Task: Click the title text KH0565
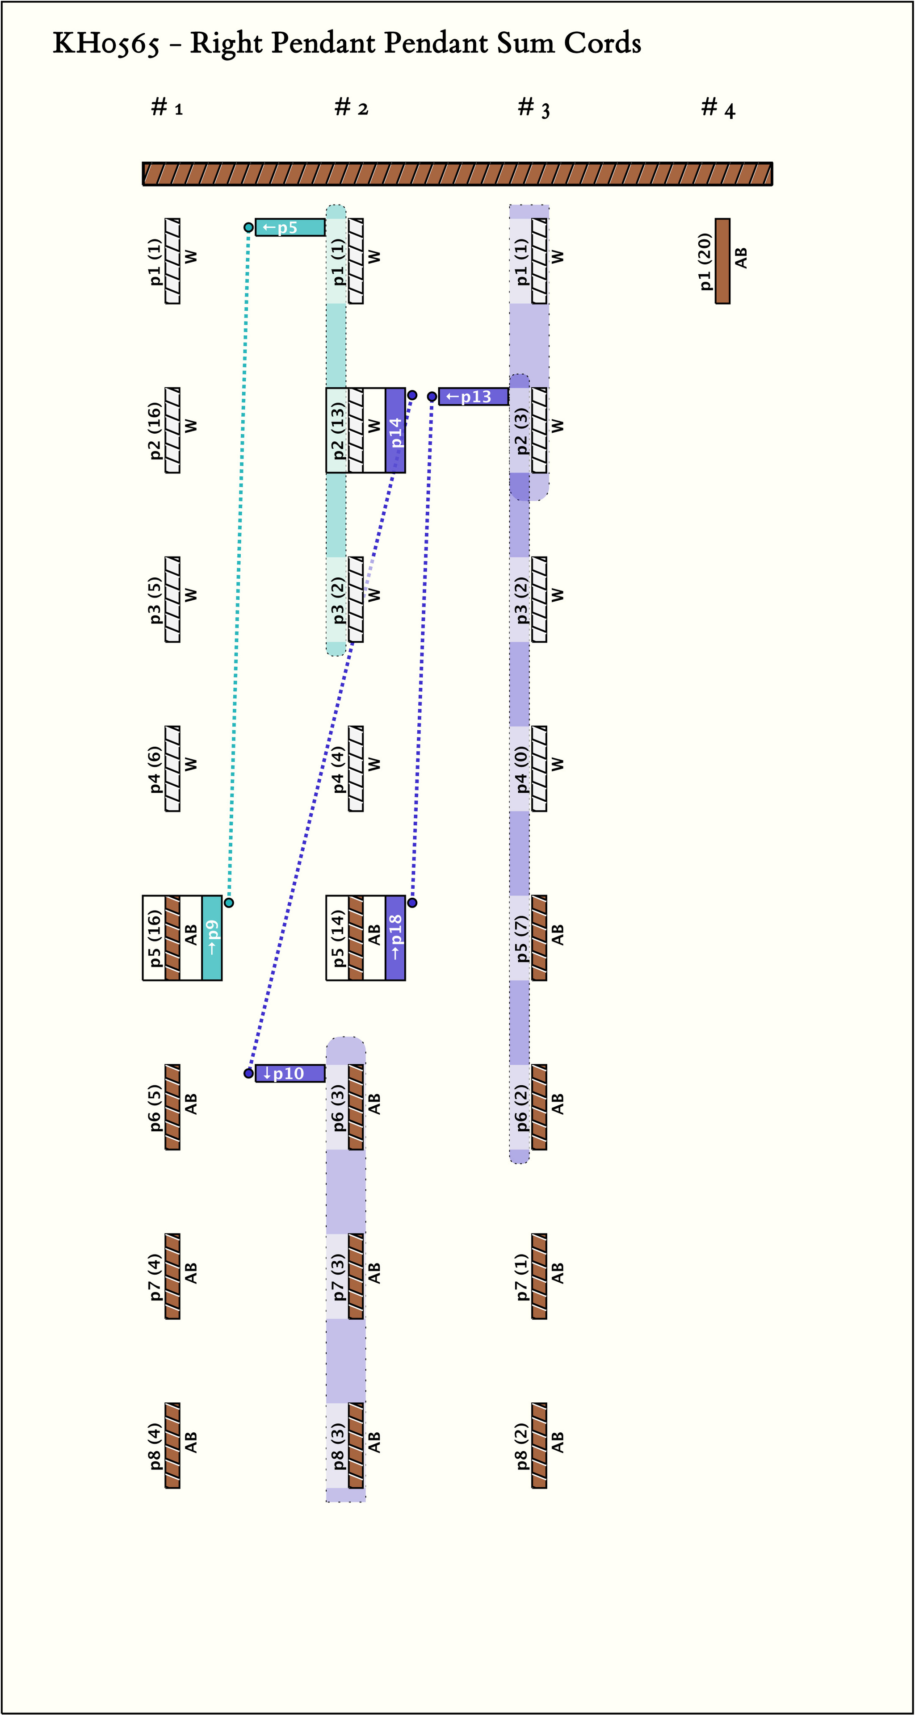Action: pyautogui.click(x=106, y=44)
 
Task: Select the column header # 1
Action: pyautogui.click(x=167, y=107)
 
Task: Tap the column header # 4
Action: pyautogui.click(x=718, y=107)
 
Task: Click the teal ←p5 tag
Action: pyautogui.click(x=290, y=228)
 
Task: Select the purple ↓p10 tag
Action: pyautogui.click(x=290, y=1073)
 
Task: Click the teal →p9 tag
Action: pyautogui.click(x=212, y=937)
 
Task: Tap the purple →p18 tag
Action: pyautogui.click(x=395, y=937)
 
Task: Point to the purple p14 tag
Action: pyautogui.click(x=395, y=431)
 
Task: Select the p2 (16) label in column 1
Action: pyautogui.click(x=155, y=431)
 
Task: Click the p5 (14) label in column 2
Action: pyautogui.click(x=338, y=937)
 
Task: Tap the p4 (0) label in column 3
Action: pyautogui.click(x=521, y=769)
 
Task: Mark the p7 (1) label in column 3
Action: pyautogui.click(x=521, y=1276)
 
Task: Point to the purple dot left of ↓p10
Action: pyautogui.click(x=248, y=1073)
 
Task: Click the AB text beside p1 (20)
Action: pyautogui.click(x=740, y=258)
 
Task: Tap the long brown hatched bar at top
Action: pyautogui.click(x=457, y=174)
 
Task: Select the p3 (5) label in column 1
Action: pyautogui.click(x=155, y=600)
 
